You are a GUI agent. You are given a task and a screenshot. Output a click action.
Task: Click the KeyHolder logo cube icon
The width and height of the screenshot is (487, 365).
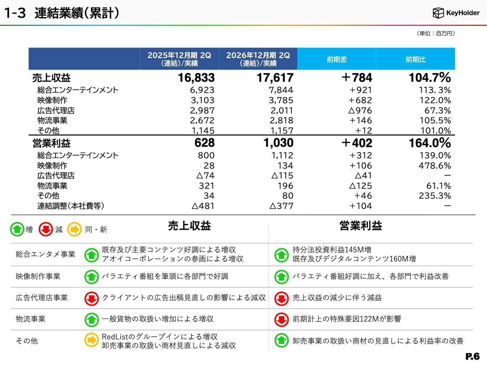point(438,13)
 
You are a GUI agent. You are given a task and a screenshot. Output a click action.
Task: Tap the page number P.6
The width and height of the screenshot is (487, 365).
point(473,357)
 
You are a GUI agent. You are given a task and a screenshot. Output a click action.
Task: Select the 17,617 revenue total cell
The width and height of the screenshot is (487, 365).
point(275,78)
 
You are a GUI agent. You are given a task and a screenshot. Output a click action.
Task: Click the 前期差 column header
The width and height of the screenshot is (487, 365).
point(337,59)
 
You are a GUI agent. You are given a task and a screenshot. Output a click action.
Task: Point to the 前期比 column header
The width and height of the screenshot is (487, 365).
point(415,59)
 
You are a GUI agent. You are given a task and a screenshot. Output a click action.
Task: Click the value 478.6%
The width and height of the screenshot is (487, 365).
point(434,165)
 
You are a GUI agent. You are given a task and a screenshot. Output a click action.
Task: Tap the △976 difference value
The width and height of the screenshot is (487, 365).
point(360,110)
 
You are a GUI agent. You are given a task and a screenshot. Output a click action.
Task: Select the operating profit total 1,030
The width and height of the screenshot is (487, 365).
point(279,143)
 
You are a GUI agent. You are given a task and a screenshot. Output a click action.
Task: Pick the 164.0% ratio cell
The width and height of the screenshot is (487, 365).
point(430,143)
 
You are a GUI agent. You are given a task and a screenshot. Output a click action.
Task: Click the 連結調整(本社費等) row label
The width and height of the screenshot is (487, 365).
point(70,206)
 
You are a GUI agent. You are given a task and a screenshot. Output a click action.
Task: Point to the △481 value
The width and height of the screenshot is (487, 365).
point(203,206)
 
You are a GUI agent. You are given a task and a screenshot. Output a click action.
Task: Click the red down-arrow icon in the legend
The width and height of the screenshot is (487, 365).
point(46,229)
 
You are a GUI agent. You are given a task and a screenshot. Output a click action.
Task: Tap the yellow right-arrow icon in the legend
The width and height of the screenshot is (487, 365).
point(75,229)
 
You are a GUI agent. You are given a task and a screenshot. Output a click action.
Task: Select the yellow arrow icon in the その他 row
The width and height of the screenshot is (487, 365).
point(91,340)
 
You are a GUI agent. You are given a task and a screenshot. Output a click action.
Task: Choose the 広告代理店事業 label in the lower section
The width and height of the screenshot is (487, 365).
point(41,297)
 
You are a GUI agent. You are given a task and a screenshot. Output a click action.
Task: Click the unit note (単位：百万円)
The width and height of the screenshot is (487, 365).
point(436,33)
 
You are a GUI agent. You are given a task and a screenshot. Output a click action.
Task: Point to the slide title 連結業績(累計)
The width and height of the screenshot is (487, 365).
point(77,13)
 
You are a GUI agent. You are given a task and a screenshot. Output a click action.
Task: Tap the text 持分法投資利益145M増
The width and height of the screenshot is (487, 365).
point(332,250)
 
